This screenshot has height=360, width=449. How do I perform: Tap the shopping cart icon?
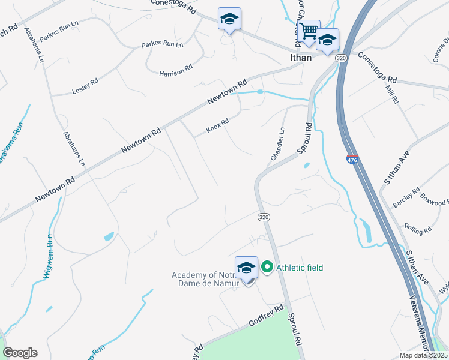click(x=309, y=30)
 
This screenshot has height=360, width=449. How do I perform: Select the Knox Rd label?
click(x=218, y=125)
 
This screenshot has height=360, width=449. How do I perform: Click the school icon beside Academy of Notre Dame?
click(x=247, y=268)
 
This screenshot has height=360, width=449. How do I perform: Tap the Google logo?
click(x=20, y=352)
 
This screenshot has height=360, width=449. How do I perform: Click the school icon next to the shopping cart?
click(x=327, y=40)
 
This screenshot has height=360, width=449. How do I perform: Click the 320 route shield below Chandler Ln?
click(x=263, y=215)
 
